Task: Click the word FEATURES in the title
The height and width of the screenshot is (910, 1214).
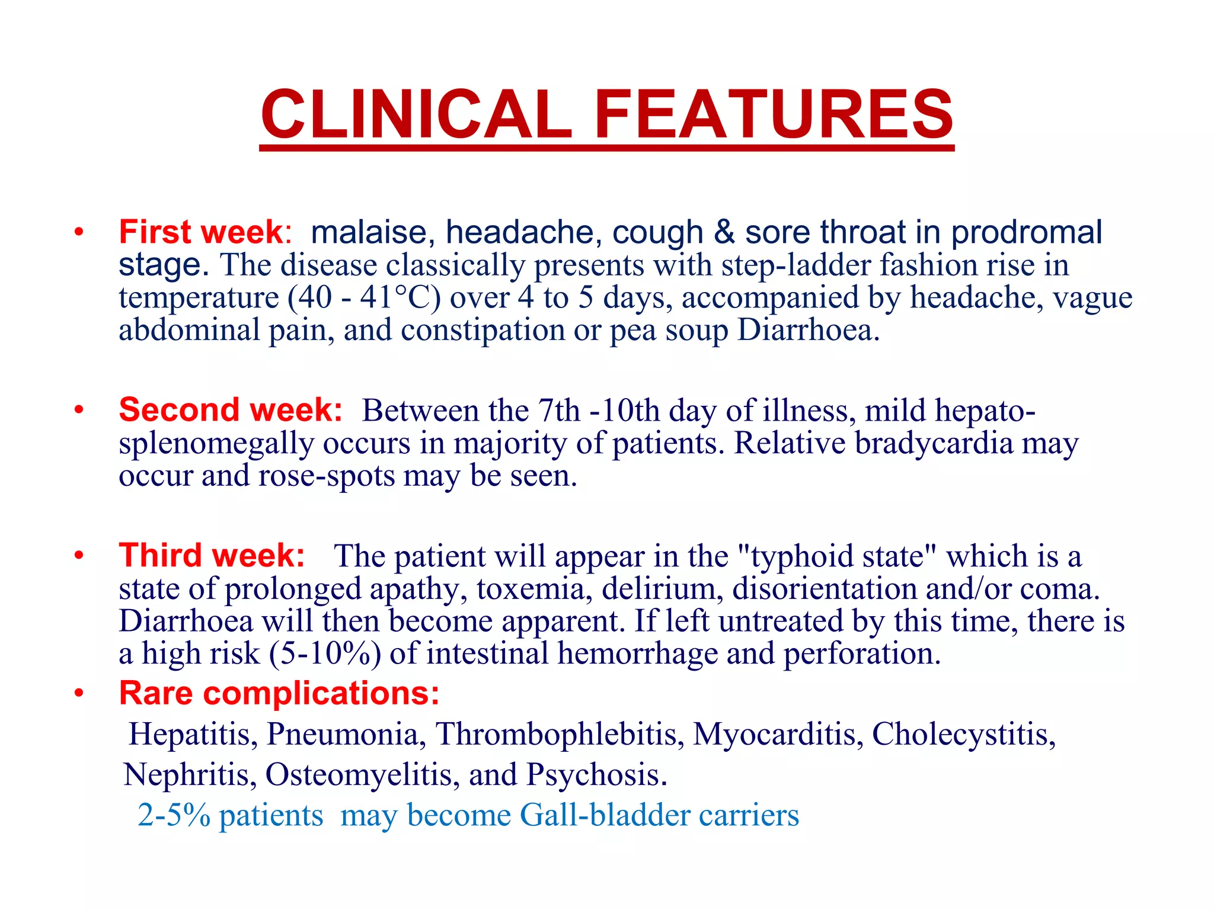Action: click(773, 114)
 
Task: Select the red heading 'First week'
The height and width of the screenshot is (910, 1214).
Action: click(202, 232)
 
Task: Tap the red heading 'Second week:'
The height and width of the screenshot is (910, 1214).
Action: click(231, 409)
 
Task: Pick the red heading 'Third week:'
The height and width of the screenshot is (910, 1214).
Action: click(212, 555)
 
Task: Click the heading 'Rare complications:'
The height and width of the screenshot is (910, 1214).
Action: click(279, 693)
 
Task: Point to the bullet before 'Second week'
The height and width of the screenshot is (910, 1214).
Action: click(79, 410)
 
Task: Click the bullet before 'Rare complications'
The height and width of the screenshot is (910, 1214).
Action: click(79, 693)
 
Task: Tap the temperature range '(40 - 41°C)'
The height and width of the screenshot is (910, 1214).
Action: click(364, 297)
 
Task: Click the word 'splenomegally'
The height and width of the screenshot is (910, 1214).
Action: click(216, 443)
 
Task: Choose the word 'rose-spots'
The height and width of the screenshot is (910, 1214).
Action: click(327, 476)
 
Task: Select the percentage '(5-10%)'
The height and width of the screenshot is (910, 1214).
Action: click(325, 653)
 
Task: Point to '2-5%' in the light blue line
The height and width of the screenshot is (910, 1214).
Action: click(174, 815)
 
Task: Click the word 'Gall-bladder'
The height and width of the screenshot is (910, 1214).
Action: click(604, 815)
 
